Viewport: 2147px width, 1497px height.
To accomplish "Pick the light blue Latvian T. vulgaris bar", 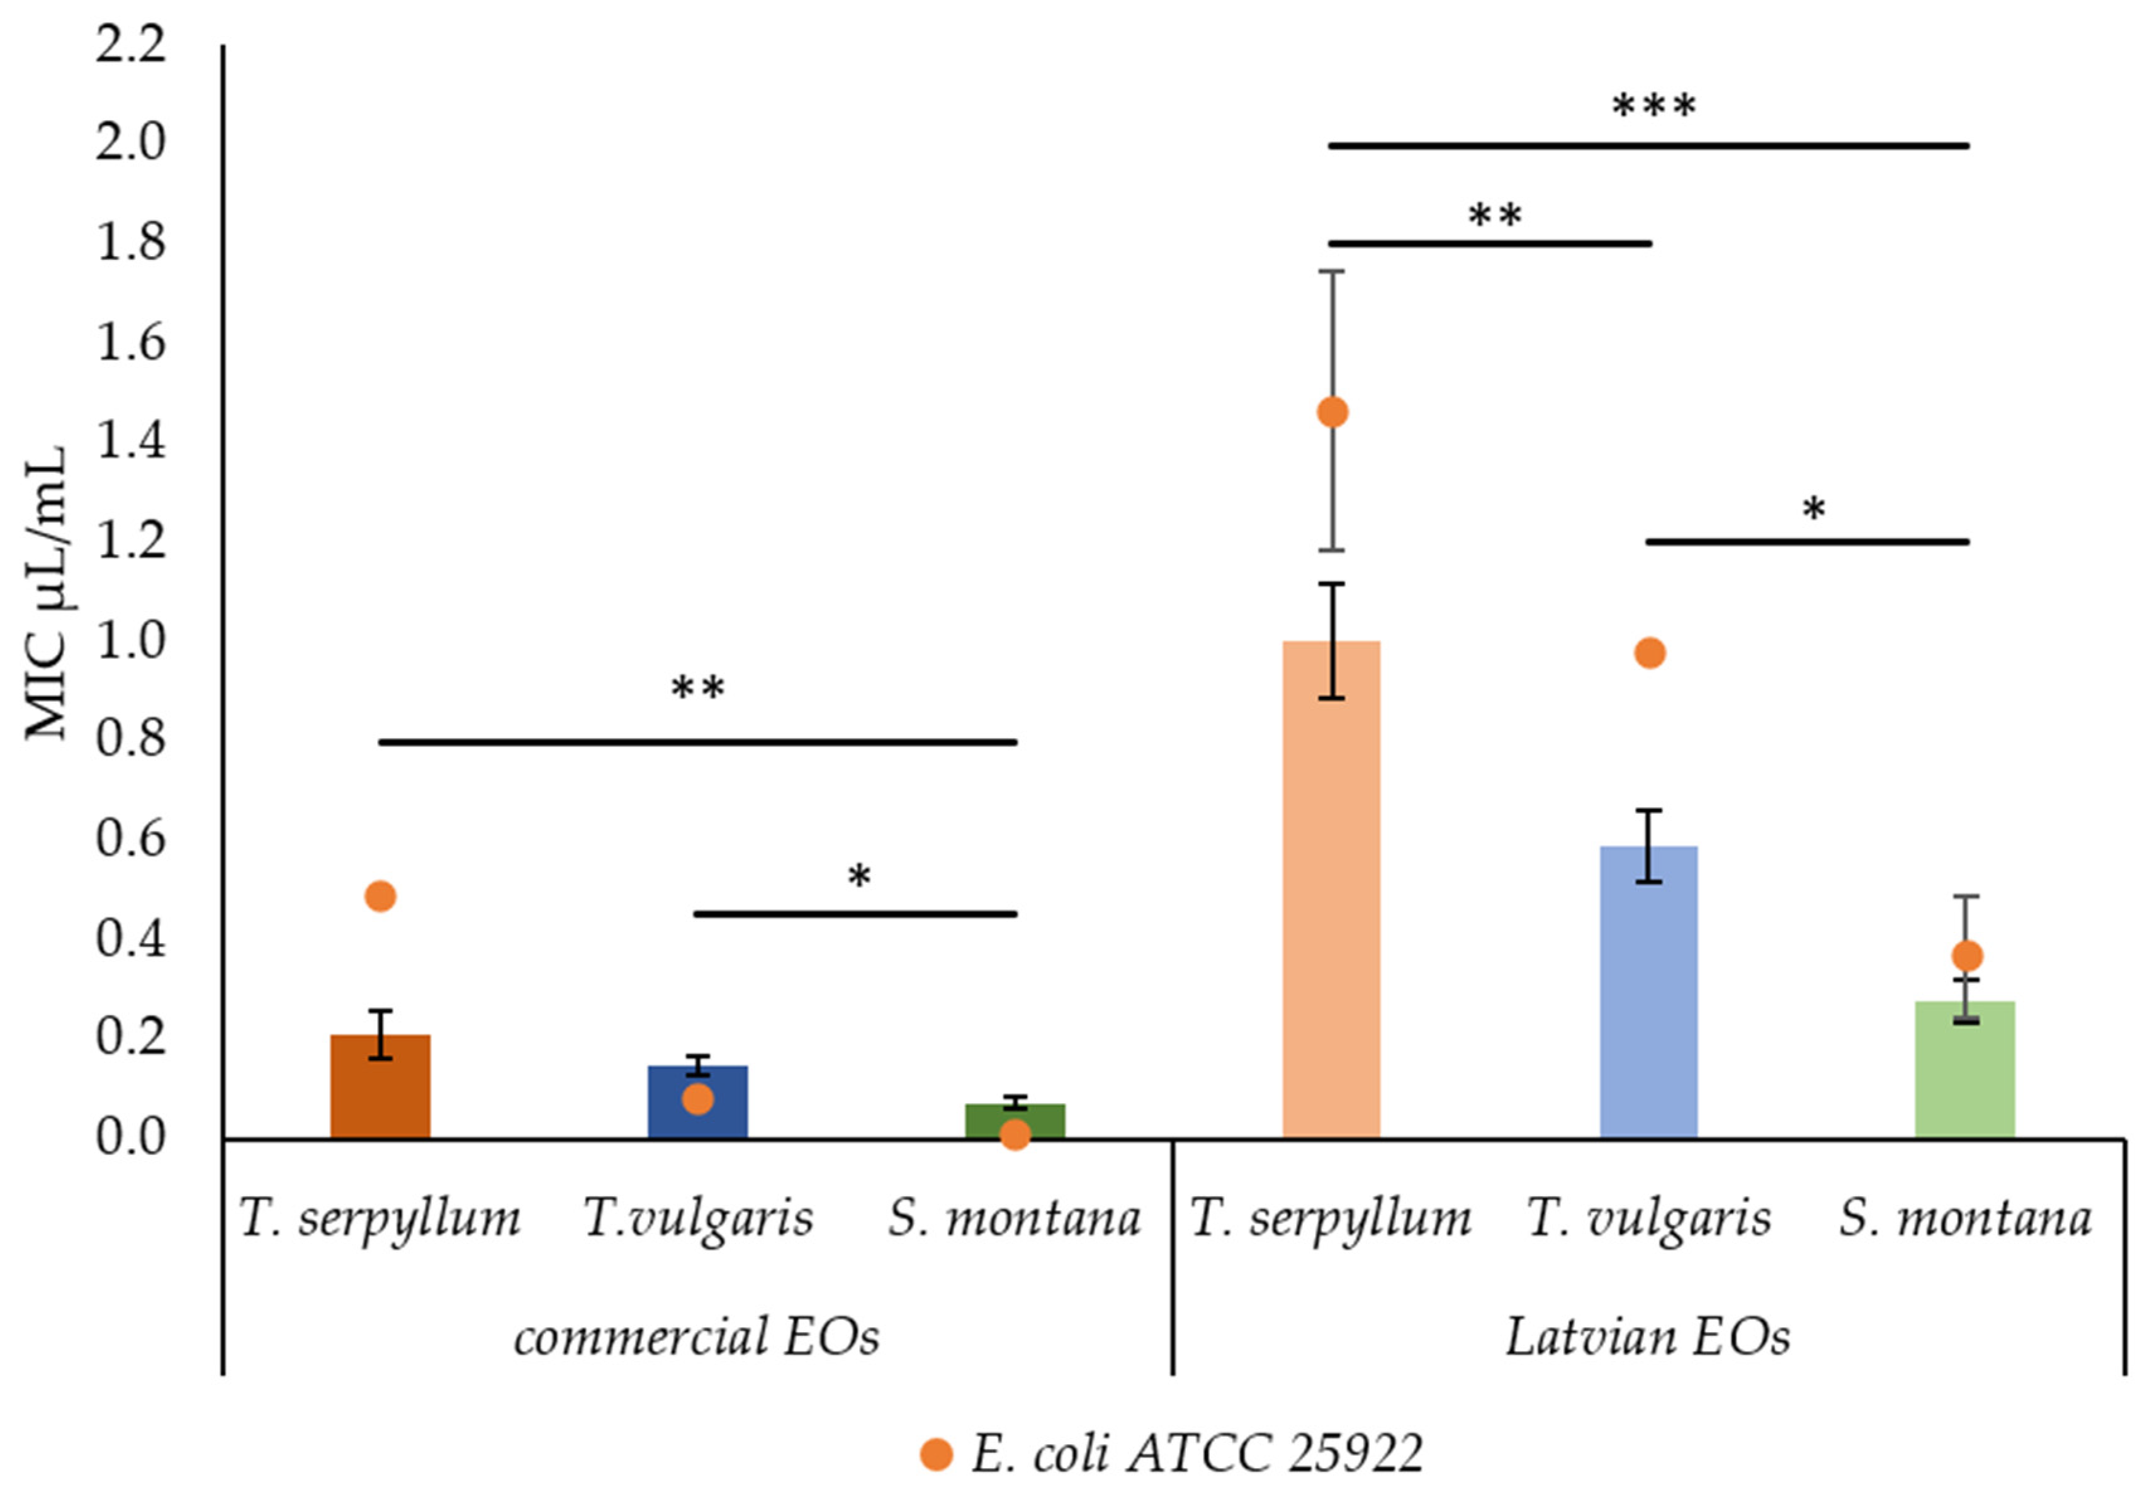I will coord(1648,991).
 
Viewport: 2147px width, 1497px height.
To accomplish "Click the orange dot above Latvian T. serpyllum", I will coord(1332,412).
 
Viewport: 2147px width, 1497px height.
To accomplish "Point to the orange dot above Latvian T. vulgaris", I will coord(1650,653).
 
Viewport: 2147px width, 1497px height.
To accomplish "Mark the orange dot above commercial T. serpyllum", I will coord(380,896).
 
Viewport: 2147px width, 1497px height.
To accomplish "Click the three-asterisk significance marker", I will coord(1654,106).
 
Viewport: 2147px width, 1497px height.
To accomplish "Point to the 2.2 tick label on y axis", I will coord(131,45).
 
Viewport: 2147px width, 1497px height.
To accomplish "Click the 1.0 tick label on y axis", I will coord(131,641).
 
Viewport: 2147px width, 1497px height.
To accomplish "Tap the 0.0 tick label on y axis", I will coord(131,1137).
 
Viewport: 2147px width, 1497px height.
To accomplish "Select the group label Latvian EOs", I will coord(1648,1337).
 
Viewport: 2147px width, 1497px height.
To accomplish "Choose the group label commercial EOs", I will coord(697,1337).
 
